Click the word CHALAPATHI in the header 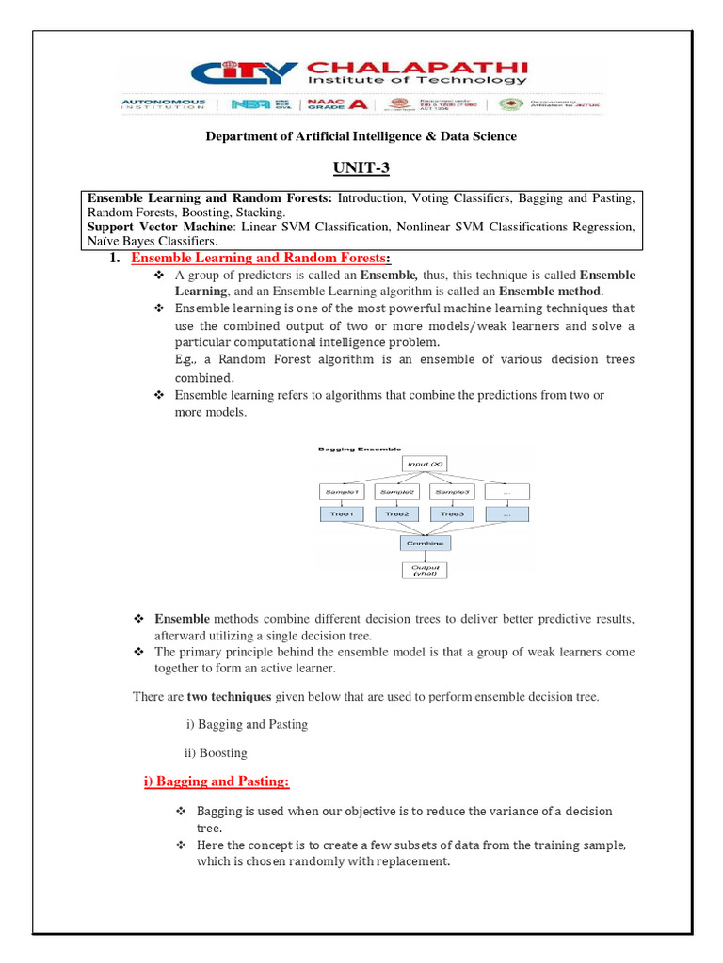coord(416,67)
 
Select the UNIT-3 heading coord(361,168)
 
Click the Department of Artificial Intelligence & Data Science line coord(361,136)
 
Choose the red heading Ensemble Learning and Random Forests coord(259,259)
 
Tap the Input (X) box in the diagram coord(424,464)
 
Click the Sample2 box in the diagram coord(396,492)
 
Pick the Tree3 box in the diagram coord(452,514)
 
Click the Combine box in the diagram coord(424,543)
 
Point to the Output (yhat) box coord(424,570)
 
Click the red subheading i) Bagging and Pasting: coord(216,781)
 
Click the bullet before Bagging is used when coord(182,811)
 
